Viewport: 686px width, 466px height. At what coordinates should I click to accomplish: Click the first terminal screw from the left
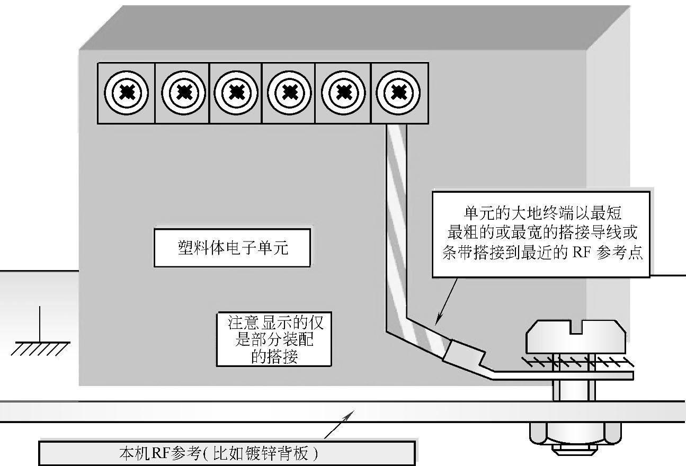[x=126, y=93]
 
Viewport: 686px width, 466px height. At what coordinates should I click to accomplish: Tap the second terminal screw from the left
[x=183, y=93]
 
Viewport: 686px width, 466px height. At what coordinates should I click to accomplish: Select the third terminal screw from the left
[x=236, y=93]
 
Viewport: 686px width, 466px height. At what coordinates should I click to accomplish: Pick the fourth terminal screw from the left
[x=289, y=93]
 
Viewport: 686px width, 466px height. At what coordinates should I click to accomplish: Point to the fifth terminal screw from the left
[x=343, y=93]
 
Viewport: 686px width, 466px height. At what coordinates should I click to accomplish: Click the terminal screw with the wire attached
[x=398, y=93]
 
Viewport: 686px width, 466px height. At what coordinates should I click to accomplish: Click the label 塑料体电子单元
[x=232, y=247]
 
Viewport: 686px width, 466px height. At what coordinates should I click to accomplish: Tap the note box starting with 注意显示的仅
[x=274, y=339]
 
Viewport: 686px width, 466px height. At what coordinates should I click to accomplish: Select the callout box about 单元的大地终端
[x=541, y=234]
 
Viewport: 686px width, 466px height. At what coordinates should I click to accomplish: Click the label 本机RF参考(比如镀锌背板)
[x=227, y=454]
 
